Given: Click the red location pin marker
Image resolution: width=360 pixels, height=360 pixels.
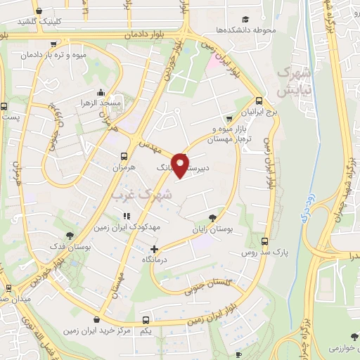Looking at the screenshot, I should (x=182, y=165).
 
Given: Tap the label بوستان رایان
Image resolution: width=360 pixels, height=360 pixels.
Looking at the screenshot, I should (x=213, y=229).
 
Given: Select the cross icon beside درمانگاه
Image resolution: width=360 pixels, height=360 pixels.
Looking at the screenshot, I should (x=155, y=248).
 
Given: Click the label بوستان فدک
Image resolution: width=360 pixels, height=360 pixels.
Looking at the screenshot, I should (x=68, y=247).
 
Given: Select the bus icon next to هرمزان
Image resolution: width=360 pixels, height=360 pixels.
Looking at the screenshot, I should (x=124, y=156).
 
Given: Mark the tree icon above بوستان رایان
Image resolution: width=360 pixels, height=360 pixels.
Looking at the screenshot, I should (x=213, y=217).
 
